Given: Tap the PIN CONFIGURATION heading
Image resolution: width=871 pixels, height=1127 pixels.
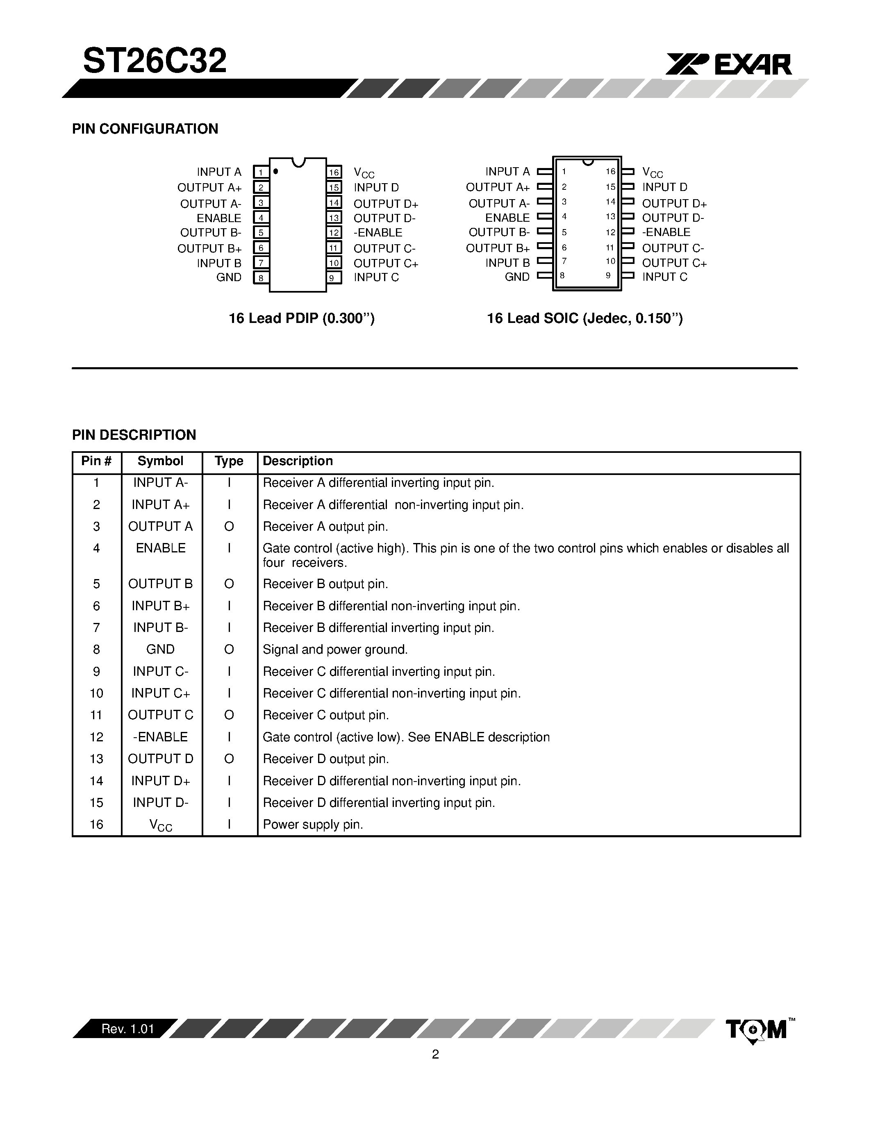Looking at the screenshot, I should point(145,129).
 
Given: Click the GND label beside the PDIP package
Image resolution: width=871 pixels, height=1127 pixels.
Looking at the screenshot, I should point(229,277).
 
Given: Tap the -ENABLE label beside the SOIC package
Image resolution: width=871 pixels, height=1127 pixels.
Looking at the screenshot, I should point(666,232).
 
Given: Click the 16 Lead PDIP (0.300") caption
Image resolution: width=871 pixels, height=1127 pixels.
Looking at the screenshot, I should point(301,318).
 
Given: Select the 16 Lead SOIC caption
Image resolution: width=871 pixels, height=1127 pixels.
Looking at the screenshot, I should point(584,318).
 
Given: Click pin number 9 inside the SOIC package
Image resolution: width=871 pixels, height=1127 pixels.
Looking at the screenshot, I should point(608,275).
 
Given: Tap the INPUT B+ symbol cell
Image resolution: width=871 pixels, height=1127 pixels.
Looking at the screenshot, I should point(161,605).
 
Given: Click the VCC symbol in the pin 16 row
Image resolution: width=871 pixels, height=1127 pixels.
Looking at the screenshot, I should point(161,825).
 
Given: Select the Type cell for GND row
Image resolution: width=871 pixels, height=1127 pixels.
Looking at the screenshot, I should point(229,649).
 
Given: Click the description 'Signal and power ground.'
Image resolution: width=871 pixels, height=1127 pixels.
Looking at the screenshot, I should point(335,649).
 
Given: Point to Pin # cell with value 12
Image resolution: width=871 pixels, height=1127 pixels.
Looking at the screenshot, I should point(96,737).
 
